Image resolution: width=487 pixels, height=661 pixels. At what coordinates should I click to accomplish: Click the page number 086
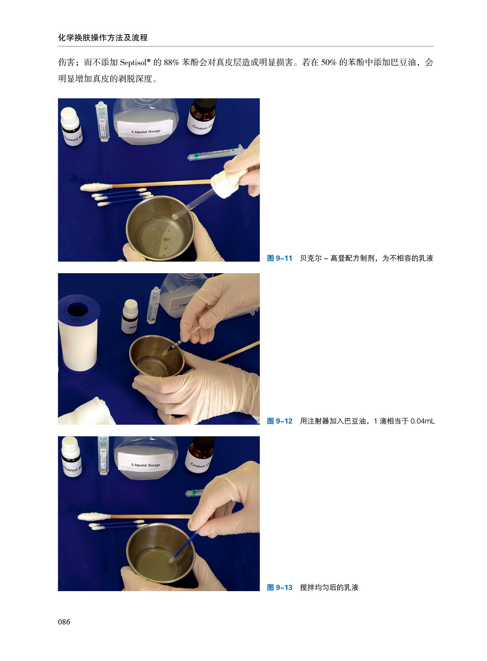[64, 622]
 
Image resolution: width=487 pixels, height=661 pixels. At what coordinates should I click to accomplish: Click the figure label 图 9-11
[279, 258]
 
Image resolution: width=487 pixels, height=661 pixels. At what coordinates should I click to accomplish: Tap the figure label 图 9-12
[279, 421]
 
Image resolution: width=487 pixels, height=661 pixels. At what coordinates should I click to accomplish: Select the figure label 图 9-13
[279, 588]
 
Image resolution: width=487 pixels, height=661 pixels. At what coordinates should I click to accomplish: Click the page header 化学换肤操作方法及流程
[103, 37]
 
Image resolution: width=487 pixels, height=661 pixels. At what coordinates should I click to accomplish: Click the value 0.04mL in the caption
[422, 421]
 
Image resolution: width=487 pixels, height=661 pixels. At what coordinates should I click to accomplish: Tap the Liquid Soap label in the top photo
[146, 129]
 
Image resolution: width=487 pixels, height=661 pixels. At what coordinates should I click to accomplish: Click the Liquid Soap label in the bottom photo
[146, 462]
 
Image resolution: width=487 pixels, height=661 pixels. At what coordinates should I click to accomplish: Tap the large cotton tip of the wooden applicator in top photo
[97, 187]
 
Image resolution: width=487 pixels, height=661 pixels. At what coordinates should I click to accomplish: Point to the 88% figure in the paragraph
[171, 62]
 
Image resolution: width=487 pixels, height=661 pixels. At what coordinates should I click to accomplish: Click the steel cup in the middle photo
[157, 356]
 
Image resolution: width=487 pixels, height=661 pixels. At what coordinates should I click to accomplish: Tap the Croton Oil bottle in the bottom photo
[200, 455]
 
